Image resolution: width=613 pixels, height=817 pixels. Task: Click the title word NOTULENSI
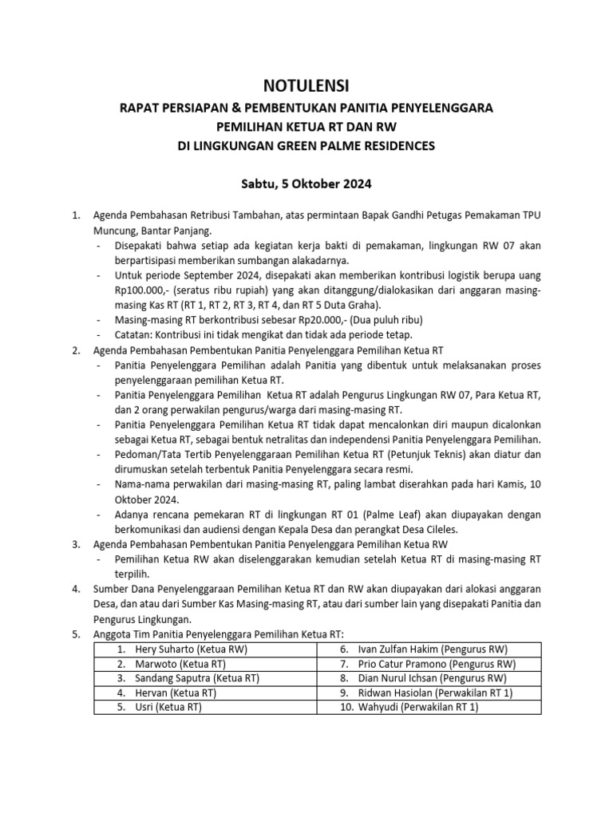tap(306, 85)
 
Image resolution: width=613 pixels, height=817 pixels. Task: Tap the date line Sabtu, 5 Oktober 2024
tap(306, 183)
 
